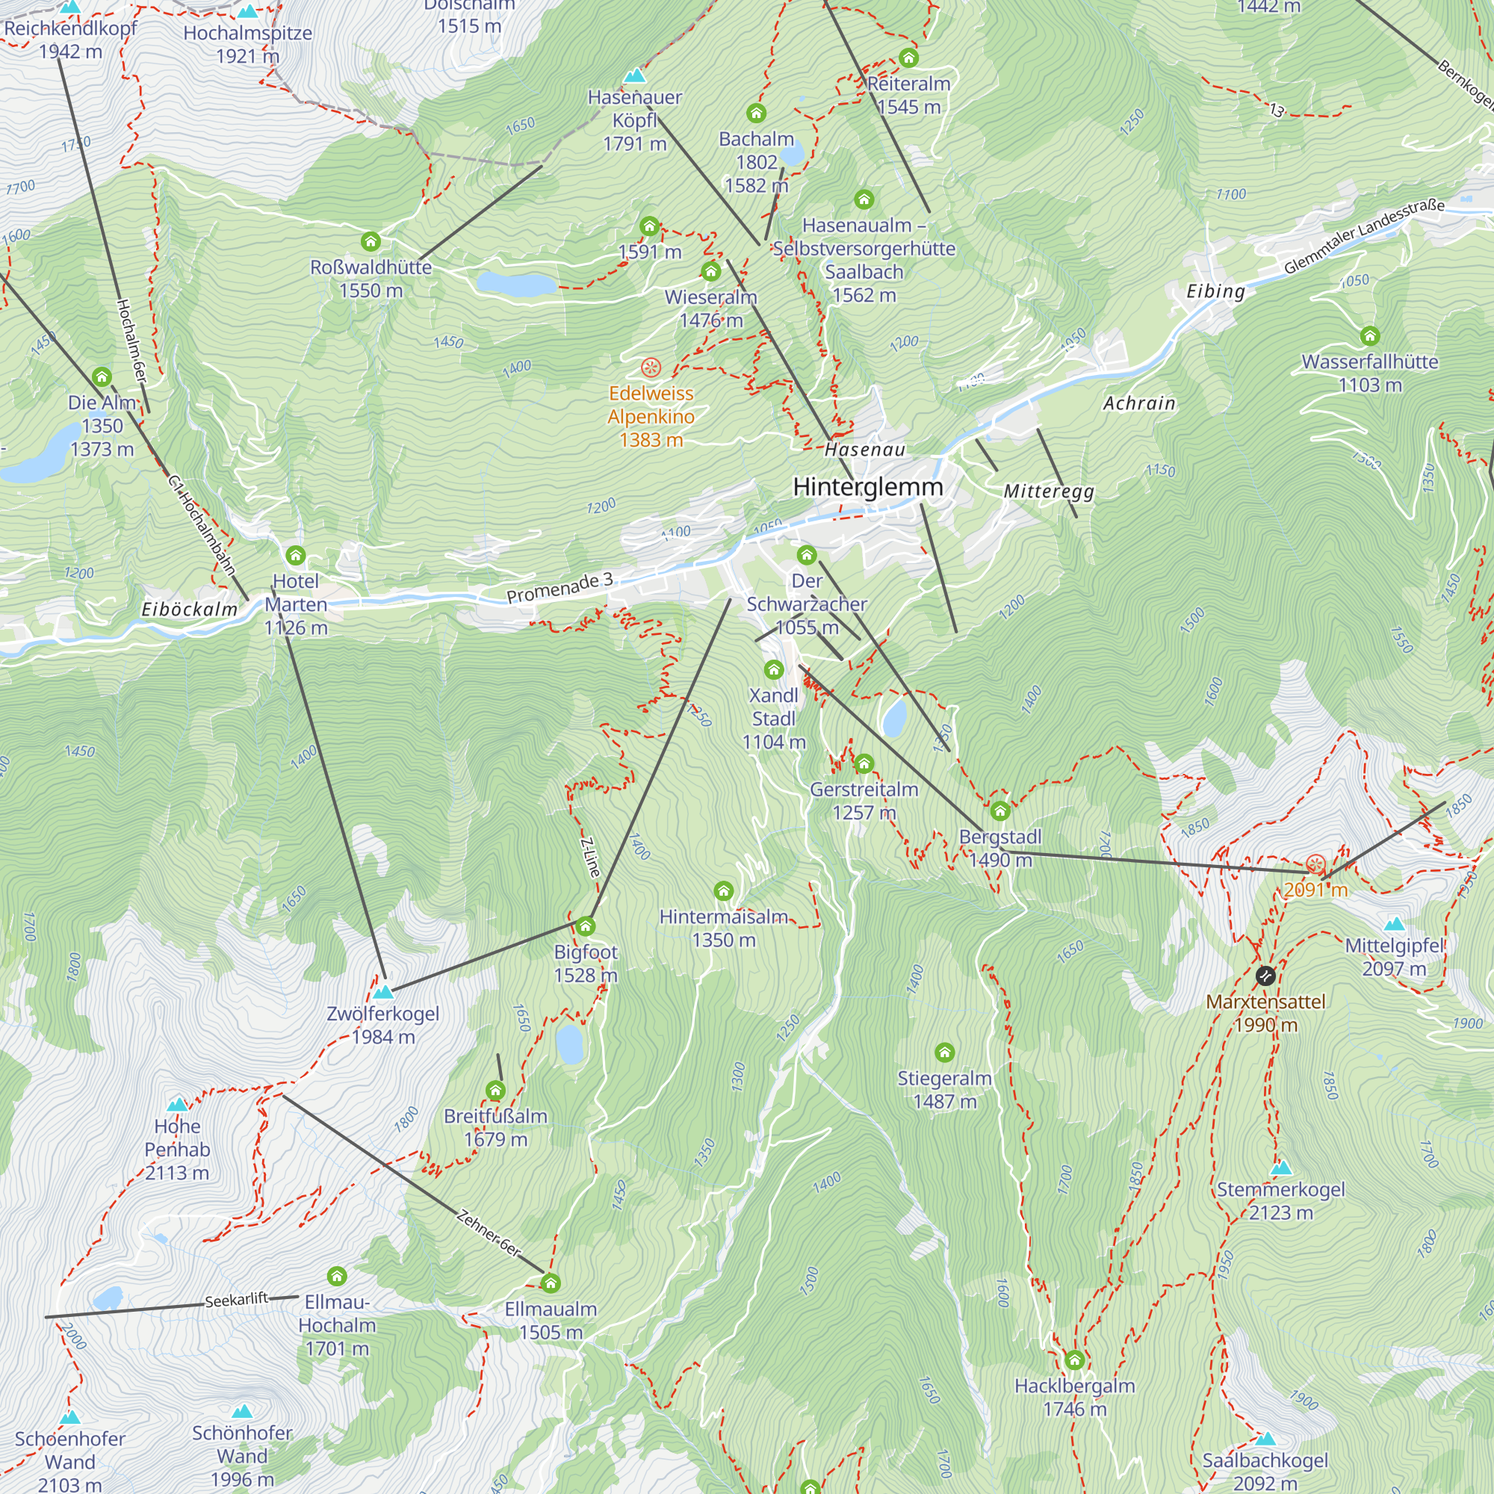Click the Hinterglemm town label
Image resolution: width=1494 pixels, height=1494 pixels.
point(867,486)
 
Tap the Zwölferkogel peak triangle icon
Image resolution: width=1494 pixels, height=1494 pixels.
point(382,991)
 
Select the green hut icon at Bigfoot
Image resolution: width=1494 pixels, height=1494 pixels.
point(586,926)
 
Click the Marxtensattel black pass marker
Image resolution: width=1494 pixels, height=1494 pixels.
point(1265,975)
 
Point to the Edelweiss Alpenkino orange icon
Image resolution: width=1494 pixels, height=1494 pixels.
point(651,368)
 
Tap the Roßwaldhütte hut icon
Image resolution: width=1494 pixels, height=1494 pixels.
point(371,242)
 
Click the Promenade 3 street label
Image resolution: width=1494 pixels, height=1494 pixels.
point(559,588)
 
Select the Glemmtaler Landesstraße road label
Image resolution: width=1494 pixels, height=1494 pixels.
point(1364,236)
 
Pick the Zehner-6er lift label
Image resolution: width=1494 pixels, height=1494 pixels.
point(489,1233)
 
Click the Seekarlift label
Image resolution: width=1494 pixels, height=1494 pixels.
point(237,1300)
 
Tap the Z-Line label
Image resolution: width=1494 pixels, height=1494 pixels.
point(590,858)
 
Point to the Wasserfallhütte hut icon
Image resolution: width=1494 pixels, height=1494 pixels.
point(1369,335)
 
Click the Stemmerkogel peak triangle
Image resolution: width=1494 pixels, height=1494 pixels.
point(1280,1167)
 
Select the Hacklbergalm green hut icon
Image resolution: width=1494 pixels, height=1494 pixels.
point(1074,1360)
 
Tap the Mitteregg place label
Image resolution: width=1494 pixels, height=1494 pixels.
point(1049,492)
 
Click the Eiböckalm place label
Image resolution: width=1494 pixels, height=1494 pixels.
point(190,610)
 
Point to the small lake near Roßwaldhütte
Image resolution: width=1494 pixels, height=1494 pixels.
point(515,284)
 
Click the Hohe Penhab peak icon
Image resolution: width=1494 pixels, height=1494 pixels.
point(177,1104)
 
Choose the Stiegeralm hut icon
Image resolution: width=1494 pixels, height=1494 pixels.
point(944,1053)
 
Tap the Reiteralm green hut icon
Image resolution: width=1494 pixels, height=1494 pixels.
point(908,58)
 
